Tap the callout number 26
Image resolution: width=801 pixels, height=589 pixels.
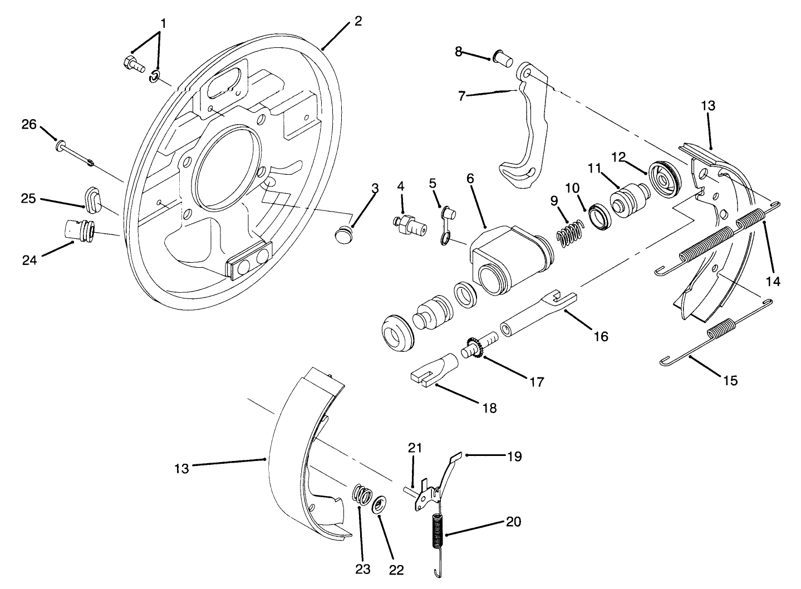(29, 125)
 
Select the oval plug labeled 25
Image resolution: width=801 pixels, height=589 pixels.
(93, 200)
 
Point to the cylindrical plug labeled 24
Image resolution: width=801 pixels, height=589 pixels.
(77, 229)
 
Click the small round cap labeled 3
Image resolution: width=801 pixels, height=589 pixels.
(343, 235)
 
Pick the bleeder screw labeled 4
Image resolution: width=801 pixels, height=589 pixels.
(411, 224)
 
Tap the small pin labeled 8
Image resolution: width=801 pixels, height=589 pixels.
(503, 57)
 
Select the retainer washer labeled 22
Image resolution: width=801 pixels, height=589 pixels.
(380, 505)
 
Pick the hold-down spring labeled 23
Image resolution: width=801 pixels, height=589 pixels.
(363, 494)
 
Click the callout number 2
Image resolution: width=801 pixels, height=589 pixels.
(357, 21)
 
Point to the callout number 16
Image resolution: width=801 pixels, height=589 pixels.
(600, 337)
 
